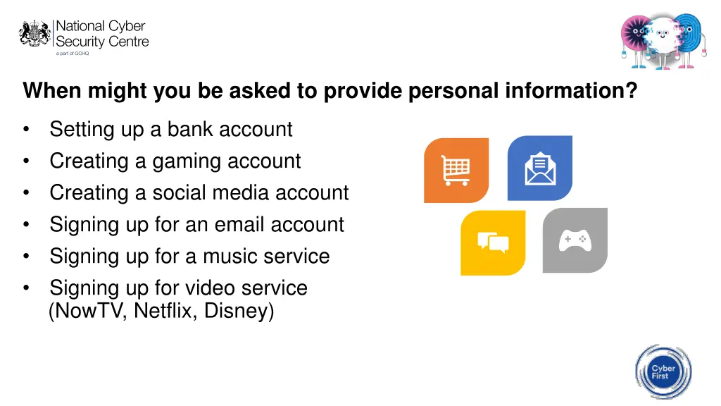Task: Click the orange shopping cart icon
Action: point(456,171)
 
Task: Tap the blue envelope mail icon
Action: point(539,168)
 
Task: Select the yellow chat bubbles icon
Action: point(493,242)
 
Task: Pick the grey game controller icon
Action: point(575,240)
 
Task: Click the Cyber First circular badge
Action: point(663,373)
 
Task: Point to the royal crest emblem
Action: point(35,33)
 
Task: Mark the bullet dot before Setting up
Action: point(26,130)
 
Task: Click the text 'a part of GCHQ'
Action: point(73,53)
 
